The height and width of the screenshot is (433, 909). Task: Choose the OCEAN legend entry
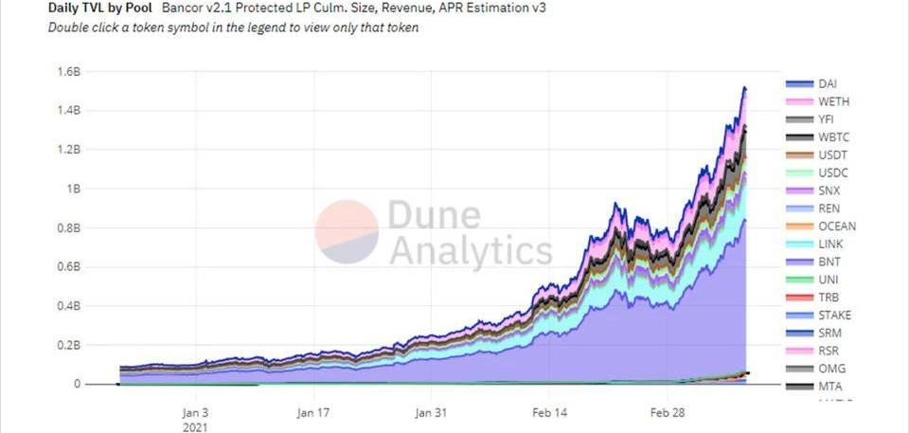836,226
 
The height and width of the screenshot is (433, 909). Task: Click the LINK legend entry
829,244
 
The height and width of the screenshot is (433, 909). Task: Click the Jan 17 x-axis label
312,413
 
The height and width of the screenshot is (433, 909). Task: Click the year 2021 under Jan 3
194,427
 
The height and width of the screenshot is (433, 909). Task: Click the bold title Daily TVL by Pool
100,9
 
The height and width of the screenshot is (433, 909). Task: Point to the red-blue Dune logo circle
347,231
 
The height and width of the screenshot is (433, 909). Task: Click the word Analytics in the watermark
471,251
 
